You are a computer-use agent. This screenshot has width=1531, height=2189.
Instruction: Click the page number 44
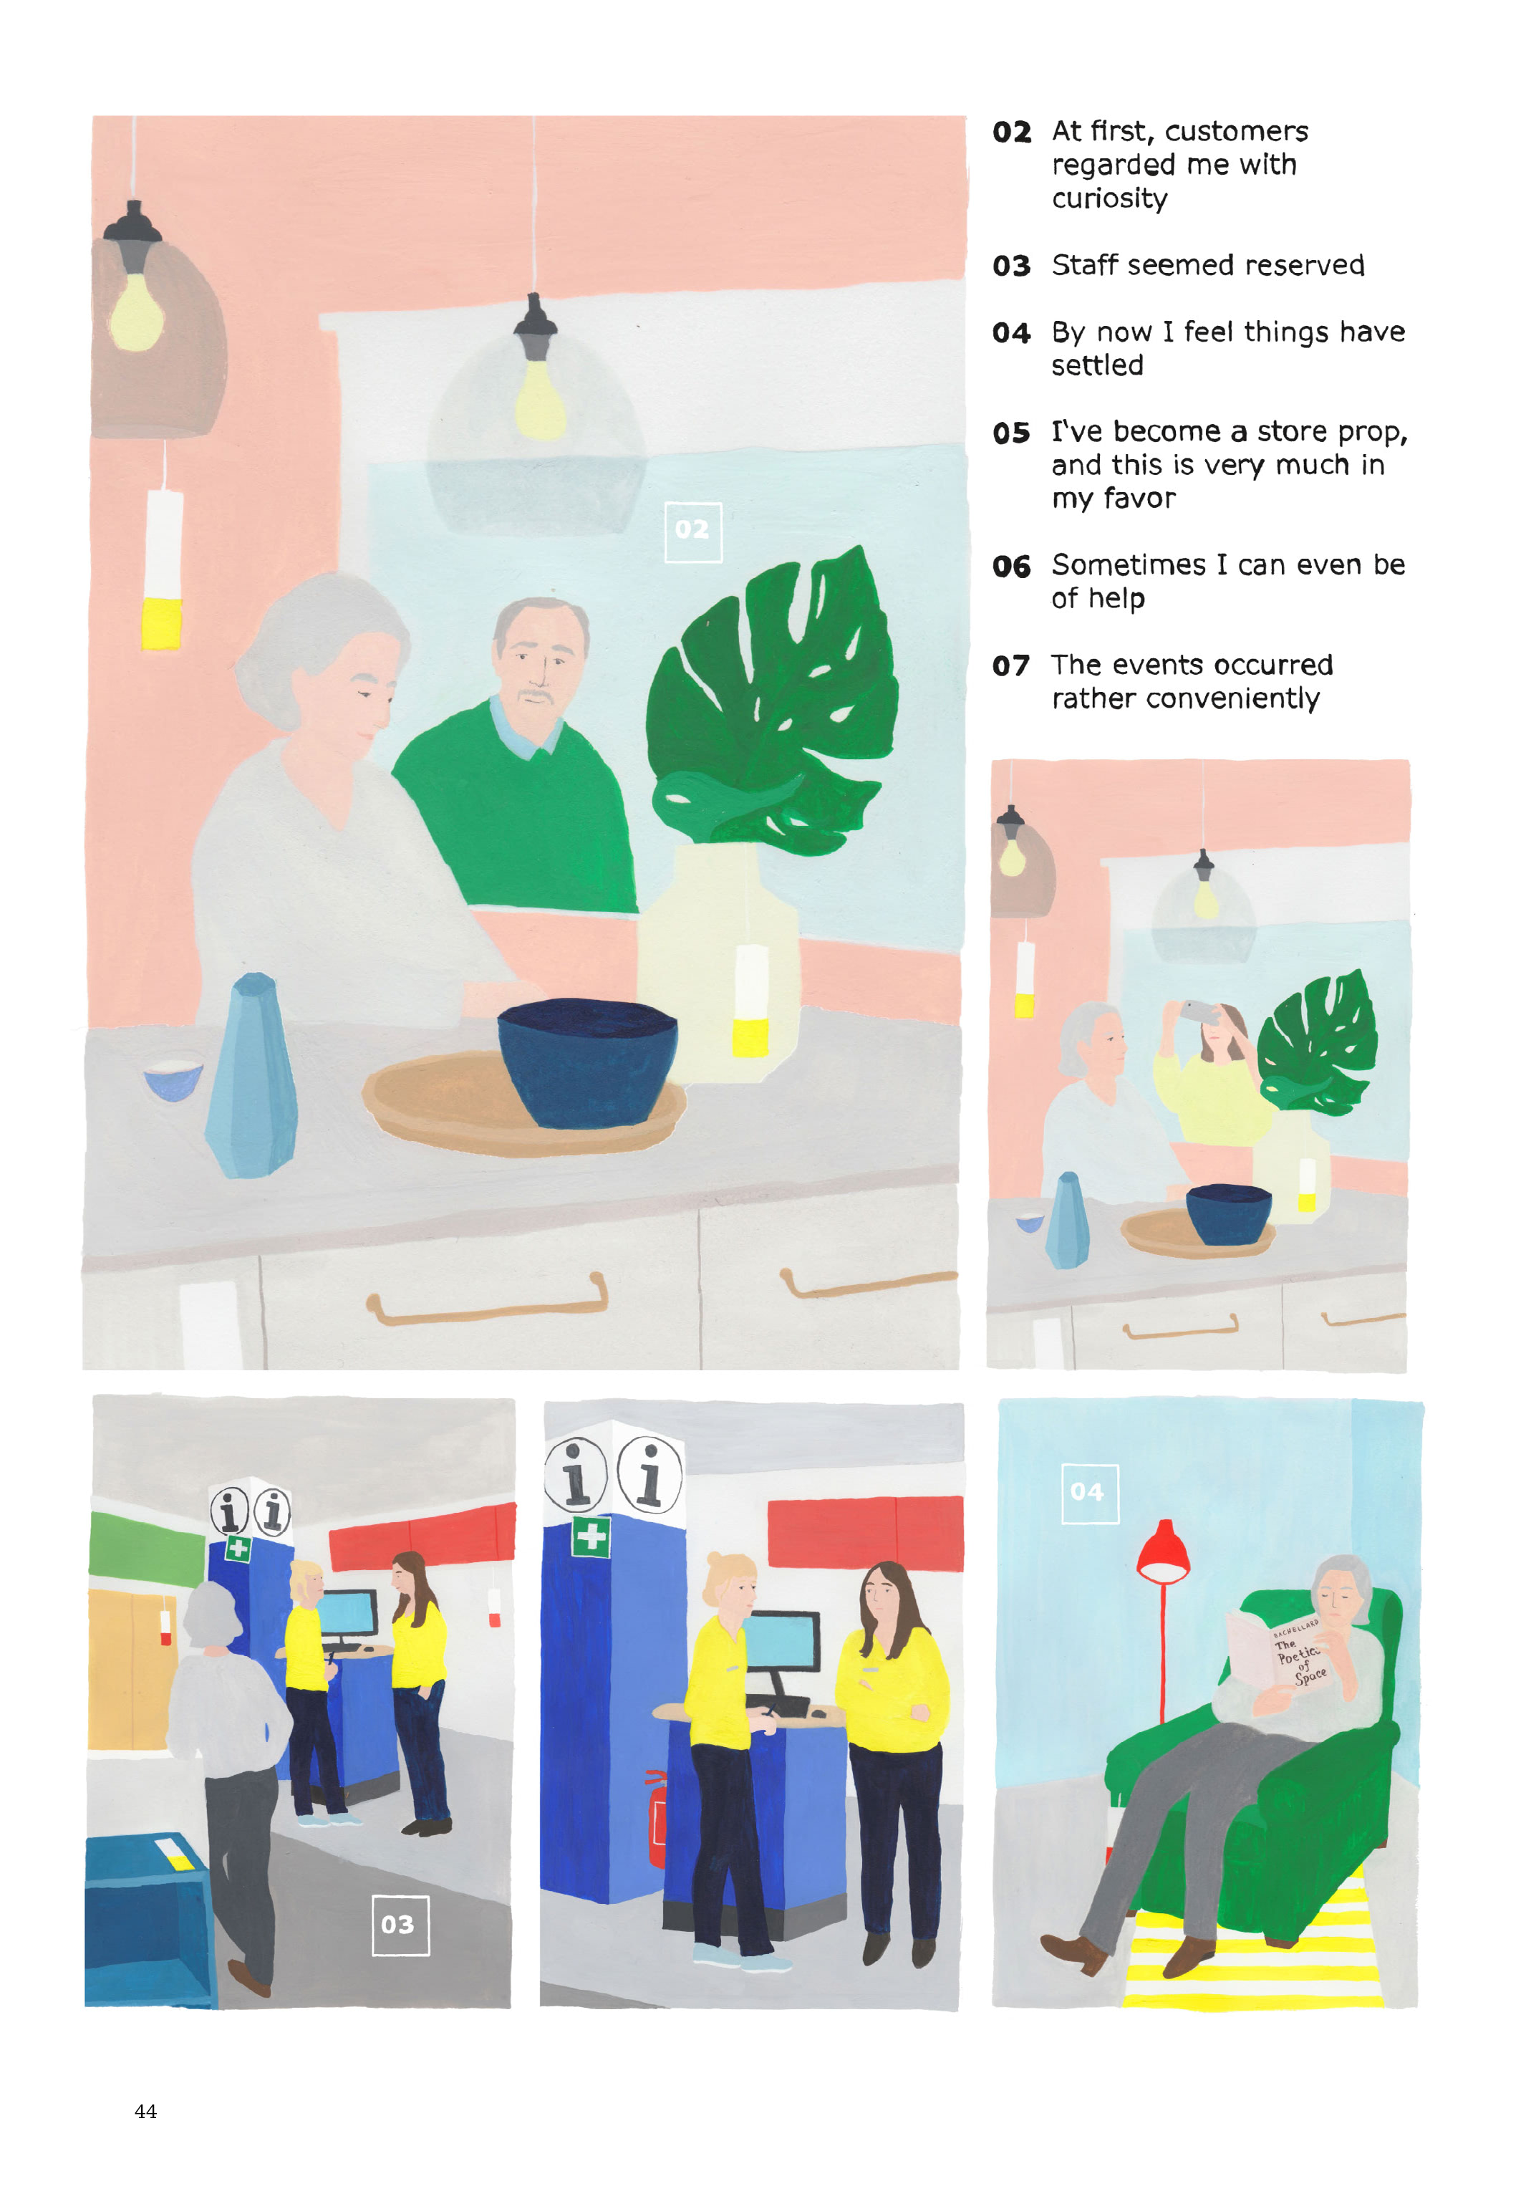click(x=145, y=2111)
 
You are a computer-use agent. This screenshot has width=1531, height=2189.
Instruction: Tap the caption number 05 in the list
click(x=1010, y=433)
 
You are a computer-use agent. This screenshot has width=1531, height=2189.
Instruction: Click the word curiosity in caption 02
click(x=1110, y=198)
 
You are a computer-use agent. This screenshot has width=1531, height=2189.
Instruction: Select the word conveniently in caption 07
click(x=1234, y=699)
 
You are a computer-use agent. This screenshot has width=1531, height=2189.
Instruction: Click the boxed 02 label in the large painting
click(x=692, y=531)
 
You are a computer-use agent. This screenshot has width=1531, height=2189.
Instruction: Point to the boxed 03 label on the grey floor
click(x=400, y=1924)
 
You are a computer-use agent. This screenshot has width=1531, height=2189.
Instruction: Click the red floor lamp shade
click(x=1162, y=1550)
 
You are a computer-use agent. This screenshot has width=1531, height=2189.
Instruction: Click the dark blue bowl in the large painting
click(x=586, y=1060)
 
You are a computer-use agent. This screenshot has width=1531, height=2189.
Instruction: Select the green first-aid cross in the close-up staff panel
click(x=591, y=1536)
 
